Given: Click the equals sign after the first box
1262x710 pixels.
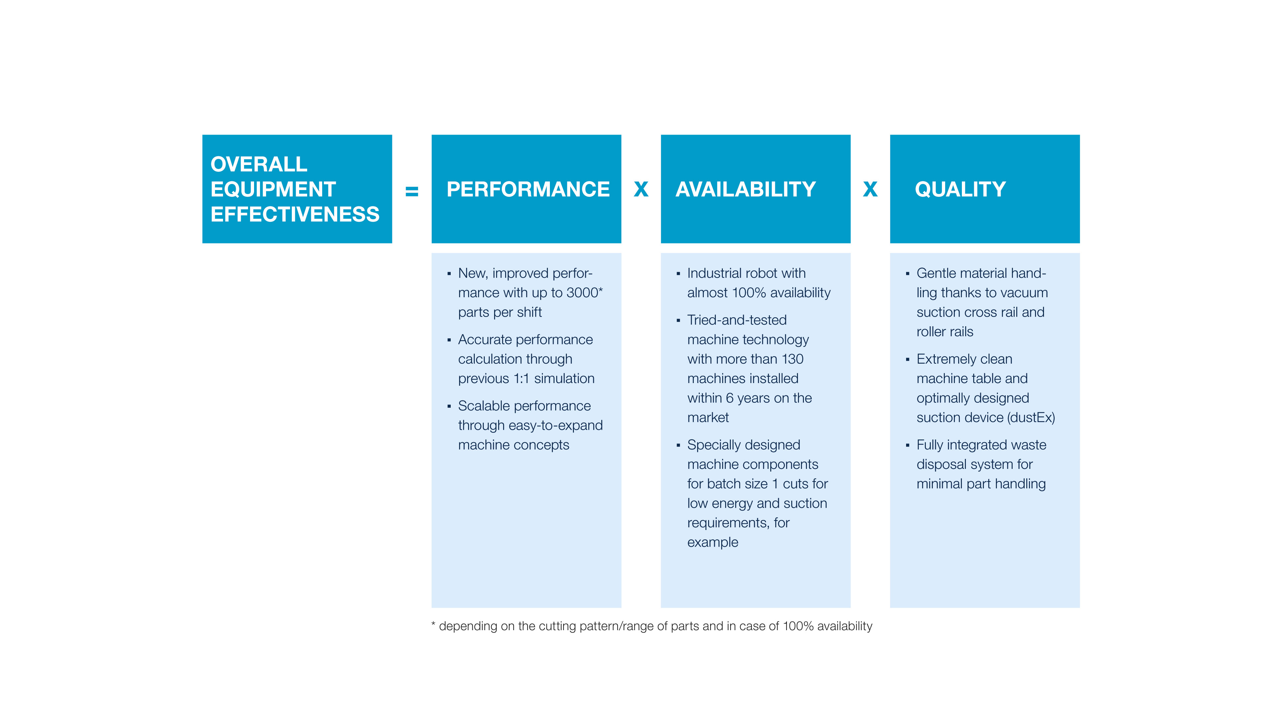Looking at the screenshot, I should tap(412, 191).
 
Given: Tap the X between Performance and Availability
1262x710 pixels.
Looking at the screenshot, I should tap(641, 189).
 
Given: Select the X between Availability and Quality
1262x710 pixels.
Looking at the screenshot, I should tap(870, 189).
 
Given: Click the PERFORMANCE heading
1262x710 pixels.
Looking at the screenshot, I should tap(528, 189).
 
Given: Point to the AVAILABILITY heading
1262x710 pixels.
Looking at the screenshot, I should tap(745, 189).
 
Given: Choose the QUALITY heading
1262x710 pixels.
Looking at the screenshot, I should tap(960, 189).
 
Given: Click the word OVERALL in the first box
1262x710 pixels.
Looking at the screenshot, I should tap(259, 164).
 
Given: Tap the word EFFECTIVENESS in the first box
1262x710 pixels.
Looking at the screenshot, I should tap(295, 214).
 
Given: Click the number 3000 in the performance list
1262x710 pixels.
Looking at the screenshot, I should tap(582, 293).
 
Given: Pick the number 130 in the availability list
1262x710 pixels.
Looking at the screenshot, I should tap(792, 359).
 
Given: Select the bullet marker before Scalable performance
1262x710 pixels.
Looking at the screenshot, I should tap(449, 406).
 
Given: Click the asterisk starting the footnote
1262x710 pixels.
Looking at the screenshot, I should tap(433, 624).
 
